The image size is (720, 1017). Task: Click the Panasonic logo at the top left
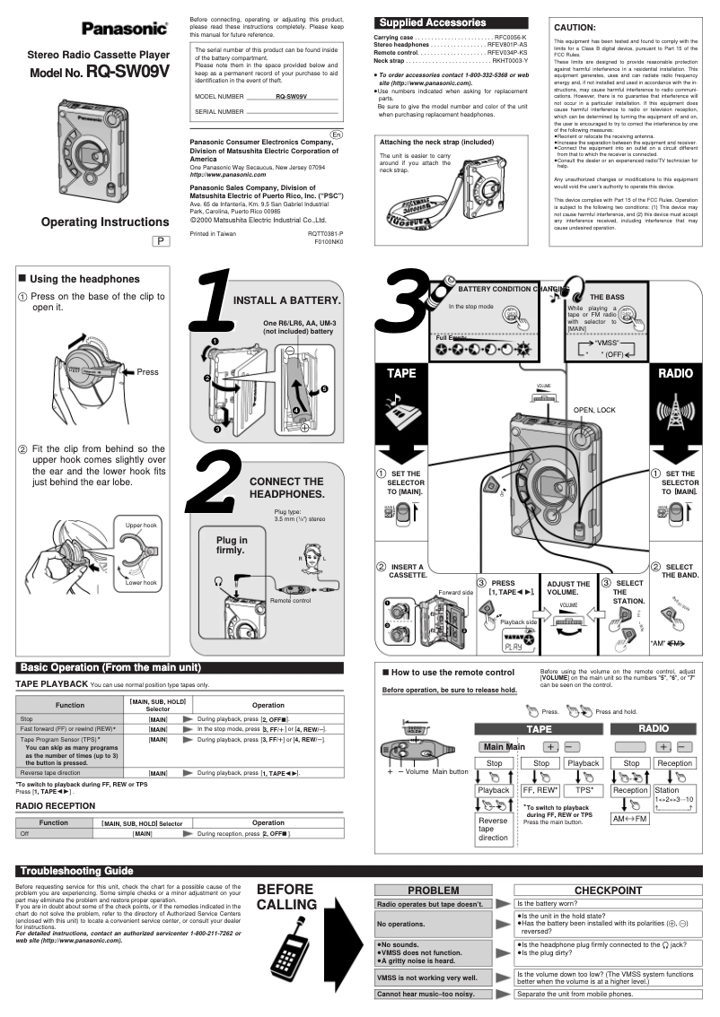(125, 29)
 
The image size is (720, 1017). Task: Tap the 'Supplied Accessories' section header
(433, 22)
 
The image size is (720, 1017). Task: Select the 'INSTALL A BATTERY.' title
(286, 300)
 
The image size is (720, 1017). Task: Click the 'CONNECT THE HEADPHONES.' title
(286, 488)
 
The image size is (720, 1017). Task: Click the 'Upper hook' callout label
(141, 525)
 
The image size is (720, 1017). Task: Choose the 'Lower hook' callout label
(141, 582)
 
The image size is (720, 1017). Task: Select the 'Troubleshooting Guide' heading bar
(76, 871)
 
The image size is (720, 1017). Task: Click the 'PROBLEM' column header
(434, 891)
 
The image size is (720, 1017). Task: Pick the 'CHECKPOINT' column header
(608, 891)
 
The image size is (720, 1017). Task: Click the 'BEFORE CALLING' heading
(285, 897)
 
